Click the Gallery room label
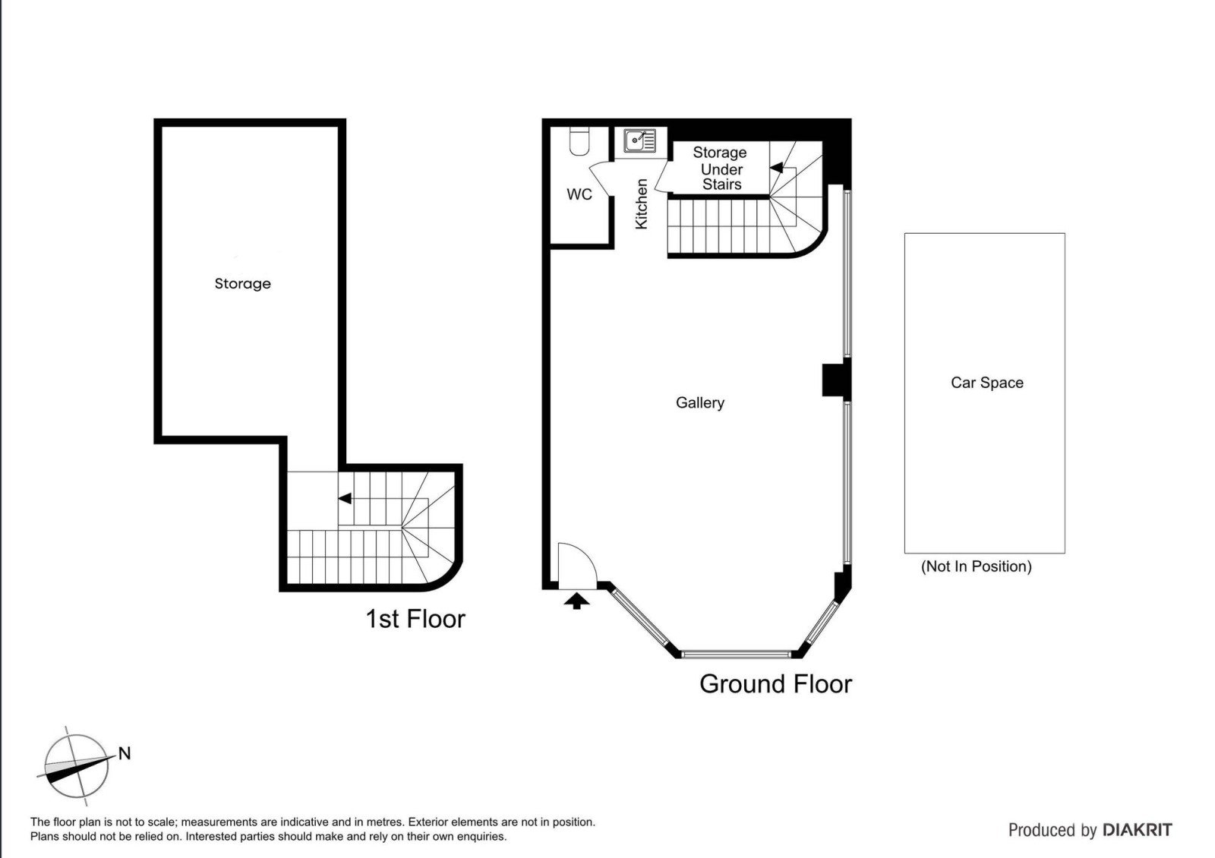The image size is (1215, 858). pos(699,403)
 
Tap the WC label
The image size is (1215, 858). pos(579,194)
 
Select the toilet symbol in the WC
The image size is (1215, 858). pos(579,141)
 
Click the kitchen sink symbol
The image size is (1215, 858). pos(639,140)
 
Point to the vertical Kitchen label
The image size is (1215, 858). pos(641,204)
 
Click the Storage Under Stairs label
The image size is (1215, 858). pos(721,169)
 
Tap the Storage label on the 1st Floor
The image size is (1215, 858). pos(242,284)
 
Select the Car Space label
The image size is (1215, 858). pos(986,383)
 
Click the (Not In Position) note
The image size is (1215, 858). pos(977,566)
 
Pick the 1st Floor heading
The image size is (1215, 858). pos(415,619)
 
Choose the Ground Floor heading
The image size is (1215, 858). pos(775,684)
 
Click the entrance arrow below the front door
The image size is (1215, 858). pos(576,601)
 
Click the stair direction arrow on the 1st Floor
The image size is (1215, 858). pos(345,498)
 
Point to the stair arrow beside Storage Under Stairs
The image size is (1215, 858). pos(776,168)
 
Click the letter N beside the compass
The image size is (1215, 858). pos(125,753)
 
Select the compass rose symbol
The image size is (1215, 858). pos(76,766)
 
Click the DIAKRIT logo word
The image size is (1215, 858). pos(1138,830)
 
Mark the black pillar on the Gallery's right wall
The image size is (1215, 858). pos(836,380)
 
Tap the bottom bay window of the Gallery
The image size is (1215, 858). pos(736,654)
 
